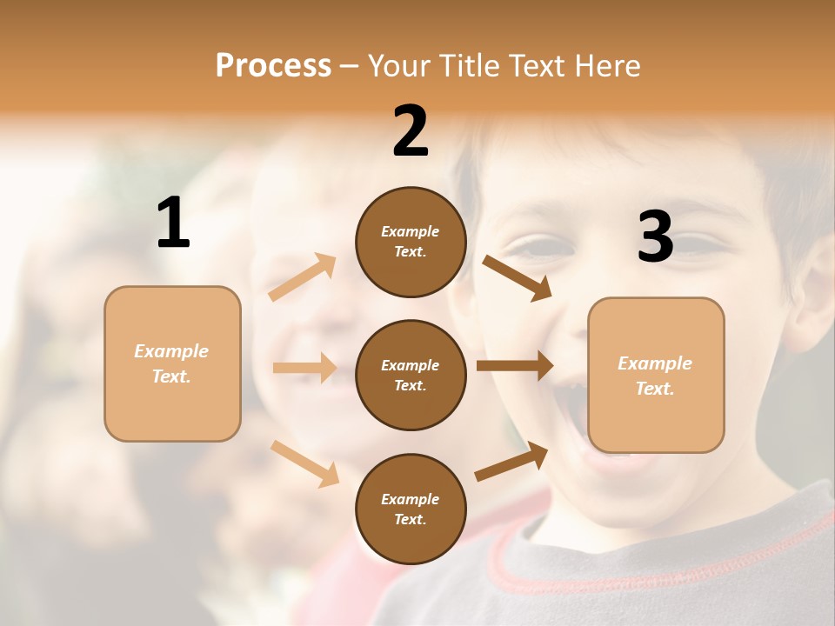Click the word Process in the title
(273, 66)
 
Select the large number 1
(173, 223)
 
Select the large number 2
(411, 131)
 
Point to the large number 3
(655, 236)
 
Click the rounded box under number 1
(172, 363)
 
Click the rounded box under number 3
(656, 376)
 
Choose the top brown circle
(411, 242)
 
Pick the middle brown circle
(411, 375)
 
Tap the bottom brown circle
(411, 509)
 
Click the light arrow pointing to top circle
(303, 277)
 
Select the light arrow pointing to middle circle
(304, 368)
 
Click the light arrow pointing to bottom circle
(304, 463)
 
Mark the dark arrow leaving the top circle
(517, 277)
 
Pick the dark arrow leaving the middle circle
(515, 366)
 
